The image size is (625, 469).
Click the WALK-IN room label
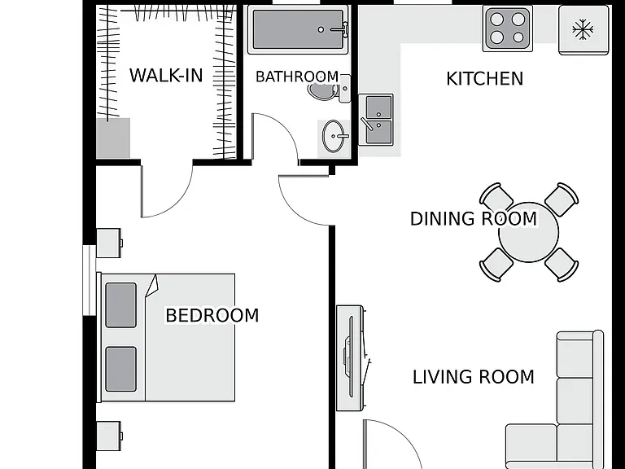(x=166, y=76)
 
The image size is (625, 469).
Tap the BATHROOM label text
(x=297, y=77)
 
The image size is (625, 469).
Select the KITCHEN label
(x=484, y=78)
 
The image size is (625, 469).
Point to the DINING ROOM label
(x=474, y=218)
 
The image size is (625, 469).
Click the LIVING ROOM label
(x=473, y=377)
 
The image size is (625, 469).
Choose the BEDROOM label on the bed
(x=212, y=315)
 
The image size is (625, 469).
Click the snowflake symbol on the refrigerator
(x=583, y=29)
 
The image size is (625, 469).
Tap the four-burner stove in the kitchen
(x=508, y=28)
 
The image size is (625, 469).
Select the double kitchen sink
(x=376, y=119)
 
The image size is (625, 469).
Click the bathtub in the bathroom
(x=298, y=29)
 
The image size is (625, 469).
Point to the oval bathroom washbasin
(x=333, y=137)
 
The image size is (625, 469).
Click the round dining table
(x=528, y=232)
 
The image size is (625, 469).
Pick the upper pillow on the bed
(x=120, y=305)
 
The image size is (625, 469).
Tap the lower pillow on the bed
(x=120, y=369)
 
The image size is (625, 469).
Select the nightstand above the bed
(x=109, y=243)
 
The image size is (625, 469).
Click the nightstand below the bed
(x=109, y=436)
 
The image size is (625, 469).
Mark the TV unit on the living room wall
(x=351, y=357)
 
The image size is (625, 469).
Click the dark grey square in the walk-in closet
(x=113, y=138)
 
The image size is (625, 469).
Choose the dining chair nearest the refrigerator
(x=562, y=199)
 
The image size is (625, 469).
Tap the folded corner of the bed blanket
(x=152, y=286)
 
